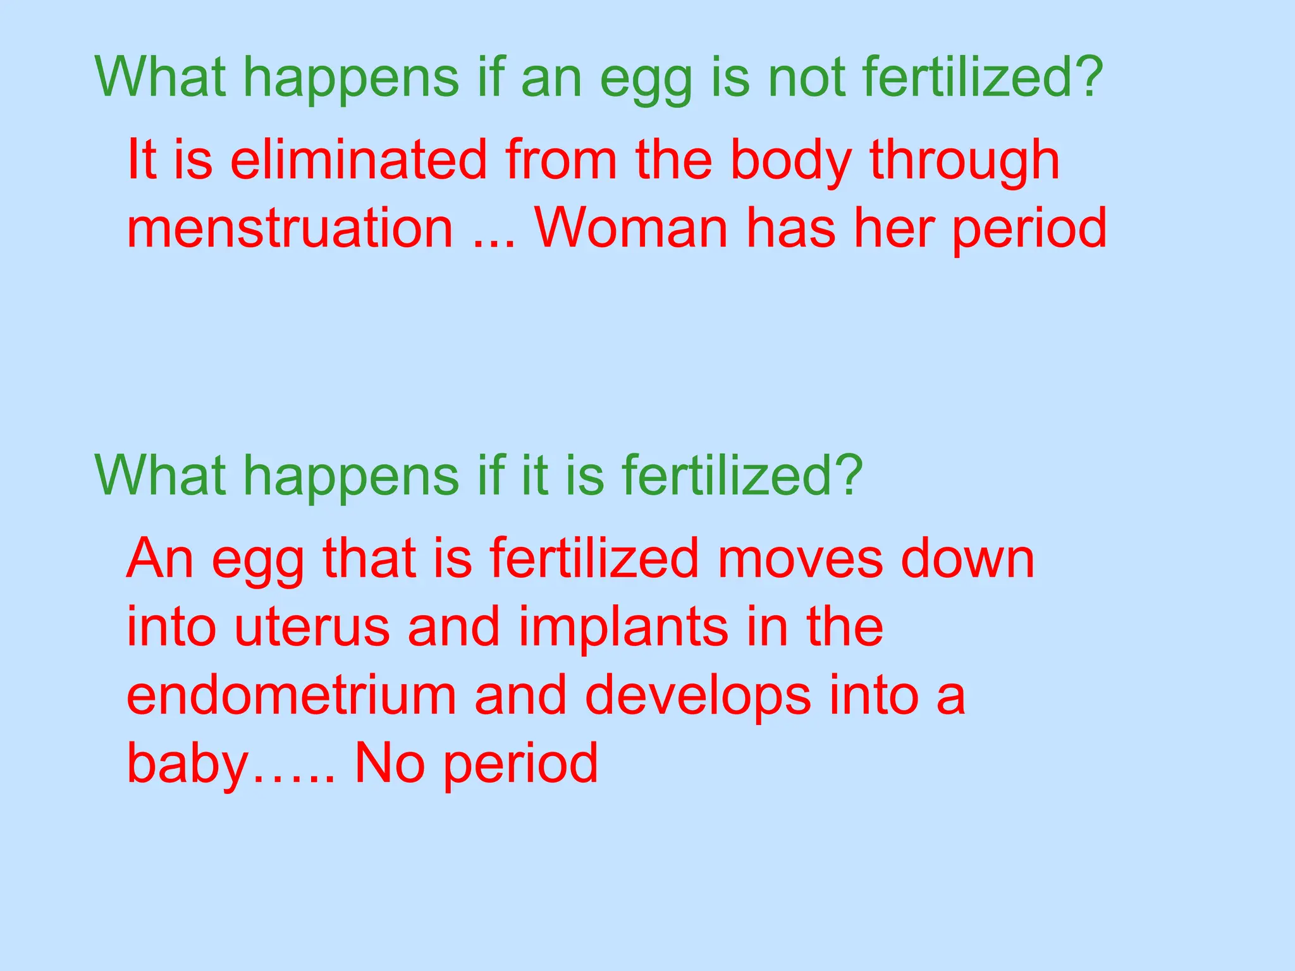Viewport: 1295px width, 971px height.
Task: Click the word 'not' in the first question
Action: (x=806, y=77)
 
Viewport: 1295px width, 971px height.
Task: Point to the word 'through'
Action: (x=964, y=161)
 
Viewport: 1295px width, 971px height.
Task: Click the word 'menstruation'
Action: (x=290, y=228)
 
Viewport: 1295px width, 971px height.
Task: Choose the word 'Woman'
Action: (x=631, y=228)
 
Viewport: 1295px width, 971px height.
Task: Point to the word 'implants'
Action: (x=623, y=628)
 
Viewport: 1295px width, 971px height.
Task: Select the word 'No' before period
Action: (x=390, y=763)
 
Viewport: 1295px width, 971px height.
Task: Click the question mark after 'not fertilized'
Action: (x=1086, y=77)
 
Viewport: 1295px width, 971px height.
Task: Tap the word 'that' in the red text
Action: (x=369, y=559)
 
